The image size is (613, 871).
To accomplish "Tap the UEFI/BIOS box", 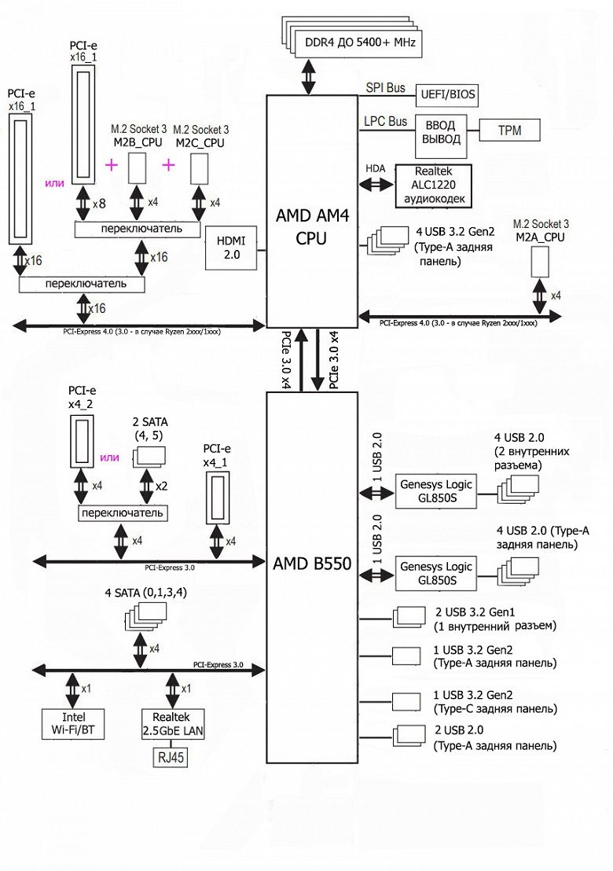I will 445,96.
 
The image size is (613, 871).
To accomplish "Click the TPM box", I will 508,130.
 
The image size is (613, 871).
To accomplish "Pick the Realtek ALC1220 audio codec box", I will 434,186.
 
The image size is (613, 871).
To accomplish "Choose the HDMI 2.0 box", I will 227,247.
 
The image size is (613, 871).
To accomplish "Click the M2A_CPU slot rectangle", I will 539,260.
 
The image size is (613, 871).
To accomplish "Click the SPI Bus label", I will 386,88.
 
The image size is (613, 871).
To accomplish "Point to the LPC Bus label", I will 386,122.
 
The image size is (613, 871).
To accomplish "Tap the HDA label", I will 376,168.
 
